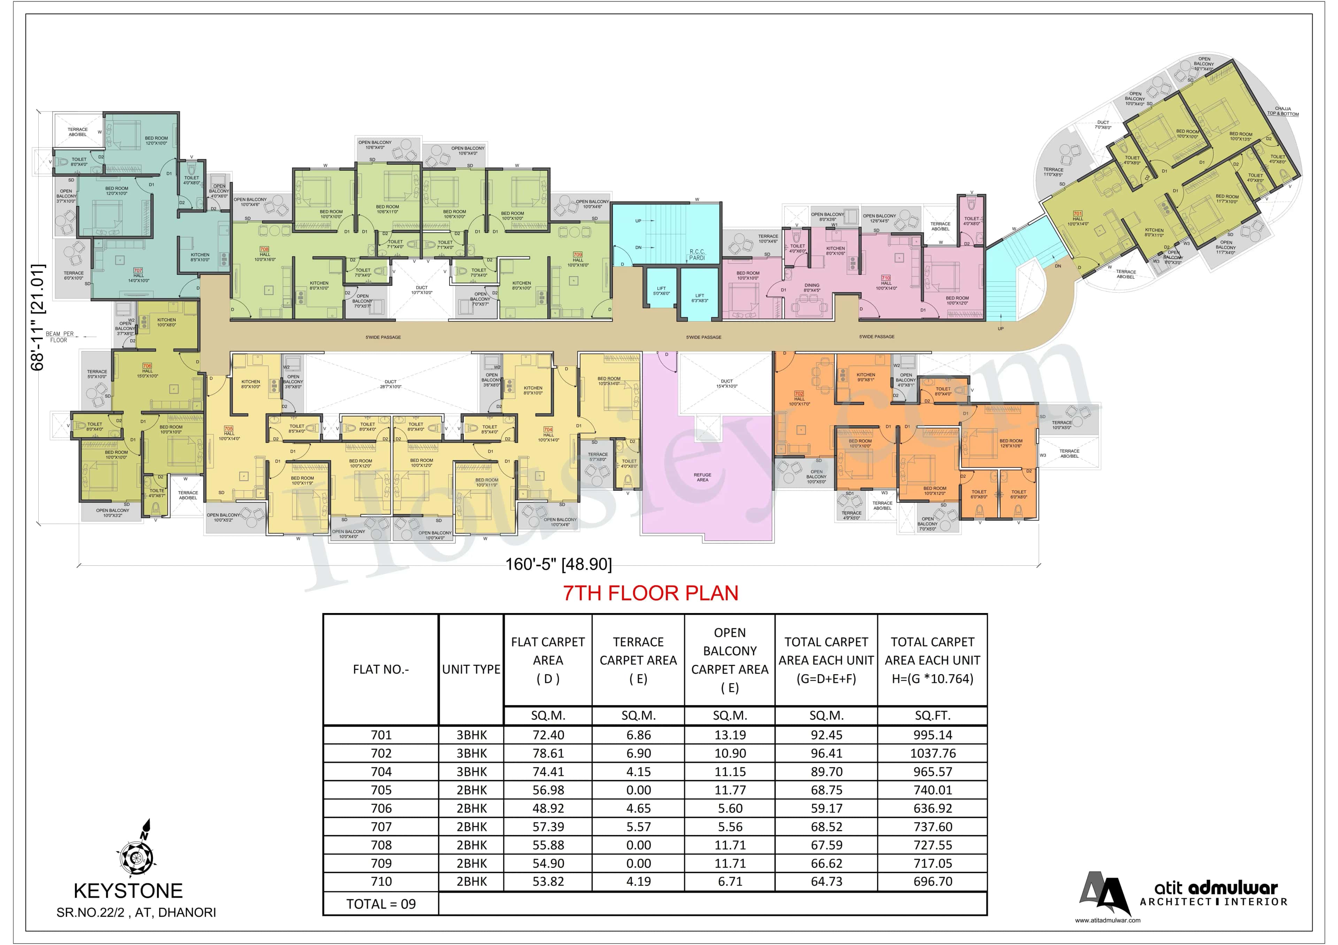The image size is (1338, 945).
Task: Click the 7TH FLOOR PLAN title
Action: point(650,593)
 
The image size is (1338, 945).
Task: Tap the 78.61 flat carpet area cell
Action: point(548,753)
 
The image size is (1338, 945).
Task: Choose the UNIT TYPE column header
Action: point(471,669)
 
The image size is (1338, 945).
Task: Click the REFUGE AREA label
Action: point(702,477)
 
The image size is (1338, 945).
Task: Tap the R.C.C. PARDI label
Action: point(697,255)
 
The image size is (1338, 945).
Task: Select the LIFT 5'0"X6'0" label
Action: point(661,291)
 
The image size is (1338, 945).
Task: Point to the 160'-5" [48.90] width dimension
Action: point(558,564)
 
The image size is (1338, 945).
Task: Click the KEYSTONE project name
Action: point(128,891)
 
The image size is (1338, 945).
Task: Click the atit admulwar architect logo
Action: point(1183,894)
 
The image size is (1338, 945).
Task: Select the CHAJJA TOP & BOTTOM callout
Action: point(1283,111)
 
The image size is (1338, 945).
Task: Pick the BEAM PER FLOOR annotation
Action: point(60,337)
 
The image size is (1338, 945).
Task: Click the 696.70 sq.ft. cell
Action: point(932,882)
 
